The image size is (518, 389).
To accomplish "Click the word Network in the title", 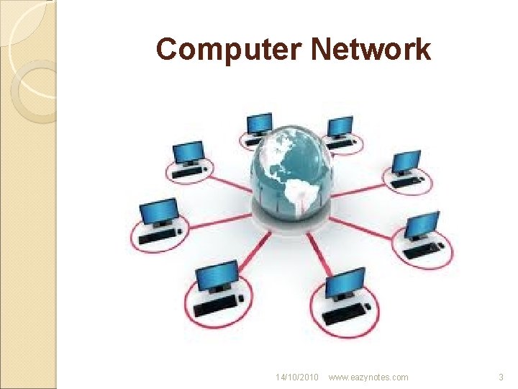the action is [371, 50].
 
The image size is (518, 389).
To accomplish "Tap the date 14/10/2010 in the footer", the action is [296, 377].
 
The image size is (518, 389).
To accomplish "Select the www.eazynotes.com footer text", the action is [368, 377].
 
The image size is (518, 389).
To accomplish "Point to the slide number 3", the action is [501, 377].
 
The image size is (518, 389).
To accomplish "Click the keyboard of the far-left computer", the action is [160, 236].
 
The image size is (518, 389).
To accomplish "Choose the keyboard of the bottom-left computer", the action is [214, 305].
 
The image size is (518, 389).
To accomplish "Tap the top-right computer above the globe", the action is [340, 130].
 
